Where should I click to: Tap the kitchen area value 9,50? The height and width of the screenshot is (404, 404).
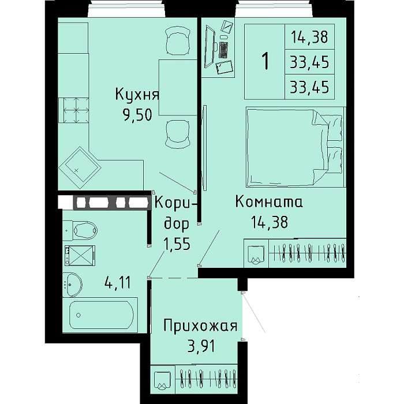click(138, 115)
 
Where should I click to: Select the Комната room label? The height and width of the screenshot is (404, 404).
click(269, 202)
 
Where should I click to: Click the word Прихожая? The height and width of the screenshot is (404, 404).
click(200, 326)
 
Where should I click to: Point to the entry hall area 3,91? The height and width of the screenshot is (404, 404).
click(201, 346)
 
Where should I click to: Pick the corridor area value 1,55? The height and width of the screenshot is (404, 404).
click(177, 244)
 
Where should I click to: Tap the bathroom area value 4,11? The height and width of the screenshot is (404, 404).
click(118, 282)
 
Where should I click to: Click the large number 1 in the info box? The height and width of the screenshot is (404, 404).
click(265, 61)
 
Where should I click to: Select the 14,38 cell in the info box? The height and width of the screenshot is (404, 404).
click(309, 37)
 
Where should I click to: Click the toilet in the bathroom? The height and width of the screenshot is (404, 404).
click(80, 230)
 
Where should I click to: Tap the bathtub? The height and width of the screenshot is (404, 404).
click(100, 315)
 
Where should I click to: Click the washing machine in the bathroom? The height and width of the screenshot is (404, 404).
click(80, 255)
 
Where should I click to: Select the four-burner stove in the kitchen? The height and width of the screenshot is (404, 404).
click(74, 110)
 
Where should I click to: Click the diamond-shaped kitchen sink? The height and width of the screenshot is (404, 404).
click(80, 168)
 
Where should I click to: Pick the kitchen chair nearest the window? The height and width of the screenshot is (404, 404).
click(178, 41)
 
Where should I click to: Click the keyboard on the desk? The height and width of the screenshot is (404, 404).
click(224, 50)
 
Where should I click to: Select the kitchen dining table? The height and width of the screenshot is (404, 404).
click(178, 87)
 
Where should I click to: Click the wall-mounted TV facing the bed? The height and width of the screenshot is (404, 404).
click(205, 148)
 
